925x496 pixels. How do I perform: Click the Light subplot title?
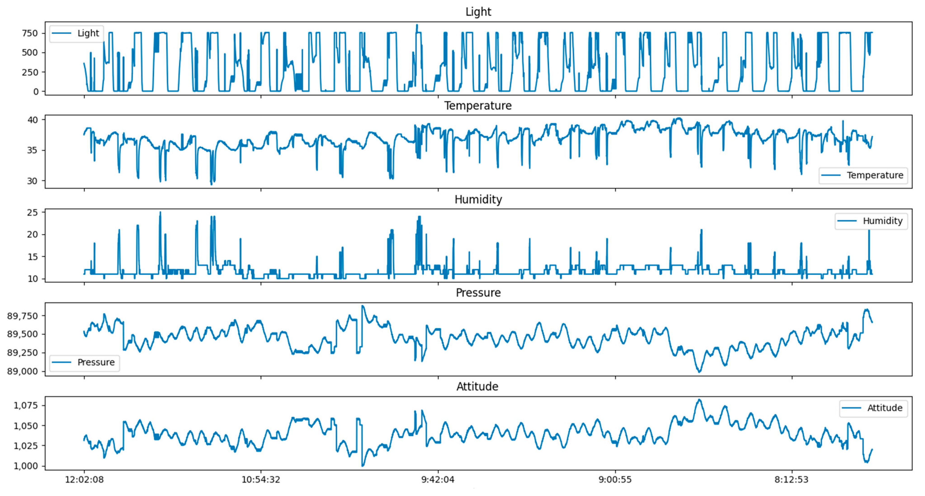point(478,12)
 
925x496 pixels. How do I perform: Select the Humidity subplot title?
point(478,199)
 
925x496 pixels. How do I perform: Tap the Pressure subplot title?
point(478,293)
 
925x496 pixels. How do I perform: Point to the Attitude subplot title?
point(477,387)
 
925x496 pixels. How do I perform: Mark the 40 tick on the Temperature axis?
point(32,120)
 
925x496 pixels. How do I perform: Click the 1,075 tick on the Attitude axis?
point(26,405)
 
